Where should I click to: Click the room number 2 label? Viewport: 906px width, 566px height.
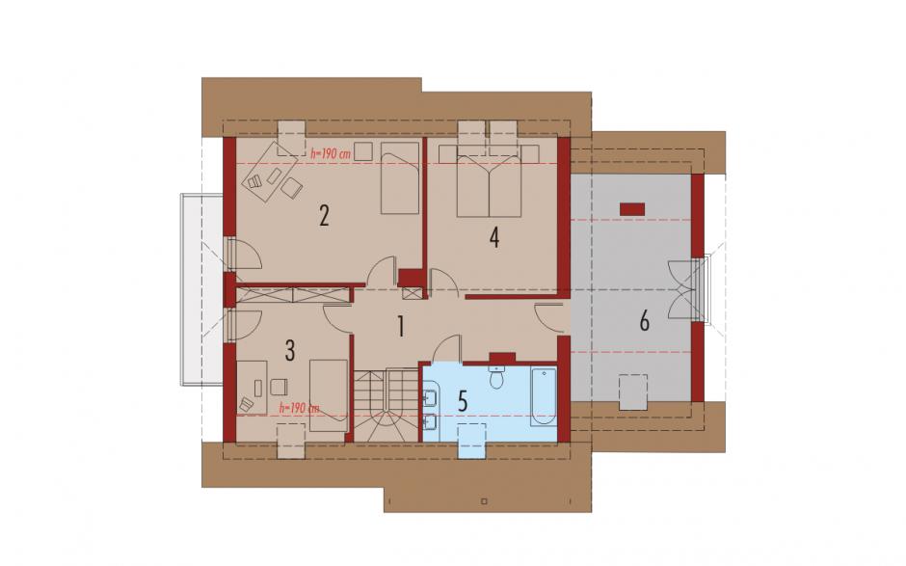pyautogui.click(x=324, y=216)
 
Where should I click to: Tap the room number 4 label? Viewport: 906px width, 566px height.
pyautogui.click(x=494, y=237)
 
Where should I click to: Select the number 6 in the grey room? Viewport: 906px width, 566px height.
pyautogui.click(x=644, y=320)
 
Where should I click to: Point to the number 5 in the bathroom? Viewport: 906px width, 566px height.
pyautogui.click(x=463, y=401)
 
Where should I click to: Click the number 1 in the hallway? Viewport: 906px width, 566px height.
pyautogui.click(x=400, y=327)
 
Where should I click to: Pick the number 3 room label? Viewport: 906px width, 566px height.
pyautogui.click(x=290, y=350)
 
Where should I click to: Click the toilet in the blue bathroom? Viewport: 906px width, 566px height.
pyautogui.click(x=497, y=376)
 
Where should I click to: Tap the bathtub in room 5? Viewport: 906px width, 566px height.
pyautogui.click(x=544, y=396)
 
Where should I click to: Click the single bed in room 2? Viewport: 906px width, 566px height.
pyautogui.click(x=400, y=177)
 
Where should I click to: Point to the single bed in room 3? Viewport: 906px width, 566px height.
pyautogui.click(x=329, y=395)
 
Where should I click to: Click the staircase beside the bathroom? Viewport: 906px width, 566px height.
pyautogui.click(x=386, y=406)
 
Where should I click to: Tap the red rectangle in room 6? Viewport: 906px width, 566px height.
pyautogui.click(x=632, y=208)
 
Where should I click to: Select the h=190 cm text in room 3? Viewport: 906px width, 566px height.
pyautogui.click(x=300, y=408)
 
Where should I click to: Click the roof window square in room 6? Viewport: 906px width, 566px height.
pyautogui.click(x=633, y=392)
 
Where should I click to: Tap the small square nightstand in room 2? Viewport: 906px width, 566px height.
pyautogui.click(x=363, y=150)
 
